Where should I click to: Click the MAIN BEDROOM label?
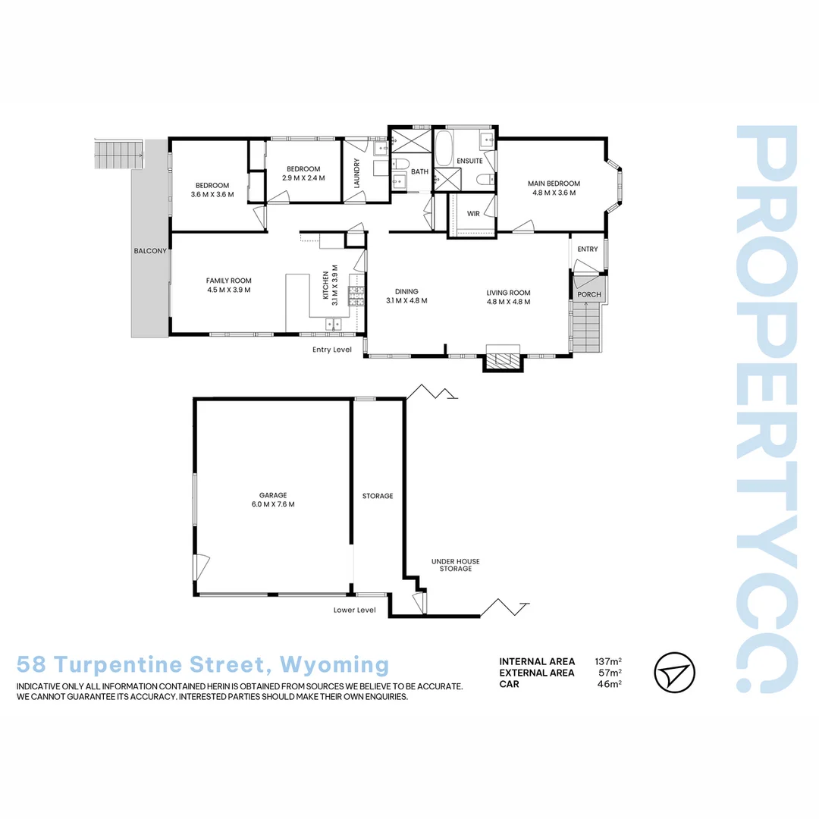[554, 184]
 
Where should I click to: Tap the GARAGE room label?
[272, 495]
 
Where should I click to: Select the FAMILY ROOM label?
[228, 281]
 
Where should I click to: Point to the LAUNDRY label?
[356, 173]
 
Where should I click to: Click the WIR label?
[473, 214]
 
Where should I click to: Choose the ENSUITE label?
[469, 161]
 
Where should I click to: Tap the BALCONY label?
[149, 251]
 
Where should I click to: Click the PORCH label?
[588, 294]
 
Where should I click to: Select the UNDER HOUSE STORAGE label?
[456, 565]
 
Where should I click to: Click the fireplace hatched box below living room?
[504, 360]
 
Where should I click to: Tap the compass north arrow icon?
[674, 672]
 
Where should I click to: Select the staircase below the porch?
[586, 325]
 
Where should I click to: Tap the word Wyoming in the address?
[334, 665]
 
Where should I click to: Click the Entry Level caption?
[332, 350]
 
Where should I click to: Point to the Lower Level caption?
[354, 610]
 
